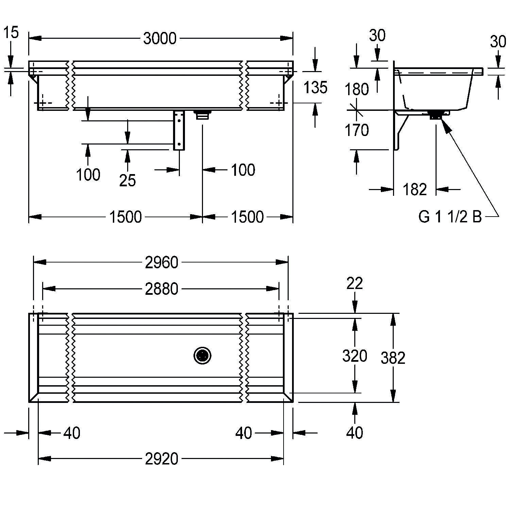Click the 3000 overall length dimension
pos(160,38)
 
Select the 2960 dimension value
pos(161,262)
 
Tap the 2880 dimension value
pos(161,289)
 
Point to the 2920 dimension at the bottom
pos(161,459)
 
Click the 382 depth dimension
pos(393,358)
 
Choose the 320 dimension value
pos(354,356)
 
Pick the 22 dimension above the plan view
pos(355,283)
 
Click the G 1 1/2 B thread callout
pos(450,217)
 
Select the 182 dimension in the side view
pos(414,189)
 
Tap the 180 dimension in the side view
pos(357,89)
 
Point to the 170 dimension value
pos(357,130)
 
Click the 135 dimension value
pos(315,87)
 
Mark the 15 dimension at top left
pos(11,33)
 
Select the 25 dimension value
pos(128,180)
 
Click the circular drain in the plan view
pos(203,356)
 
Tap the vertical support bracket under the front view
pos(179,130)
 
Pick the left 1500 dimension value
pos(125,217)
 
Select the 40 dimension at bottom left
pos(72,433)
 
